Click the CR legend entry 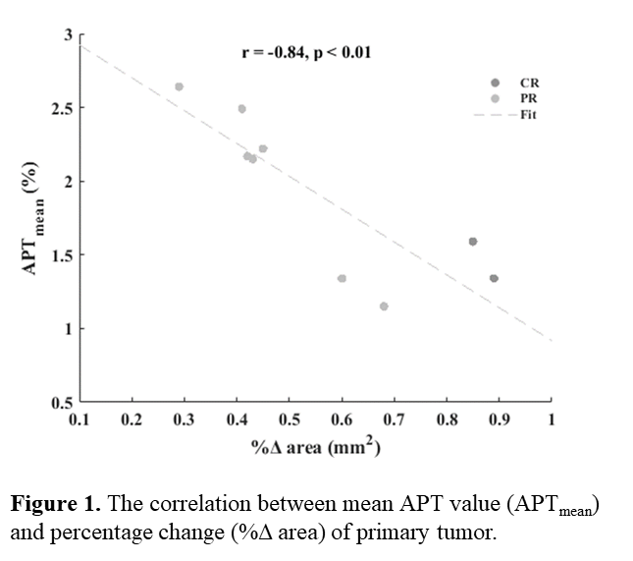coord(529,84)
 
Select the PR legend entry coord(529,99)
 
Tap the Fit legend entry coord(529,115)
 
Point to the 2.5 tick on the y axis coord(62,107)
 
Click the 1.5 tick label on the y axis coord(62,255)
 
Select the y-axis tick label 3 coord(69,34)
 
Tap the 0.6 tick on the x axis coord(342,420)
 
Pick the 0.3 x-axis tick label coord(184,420)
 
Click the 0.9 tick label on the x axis coord(499,420)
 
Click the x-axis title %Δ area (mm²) coord(315,447)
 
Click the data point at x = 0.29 coord(180,86)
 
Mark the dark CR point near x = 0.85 coord(473,241)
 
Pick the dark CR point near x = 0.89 coord(494,278)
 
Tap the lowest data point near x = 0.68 coord(384,307)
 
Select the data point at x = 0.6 coord(342,278)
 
